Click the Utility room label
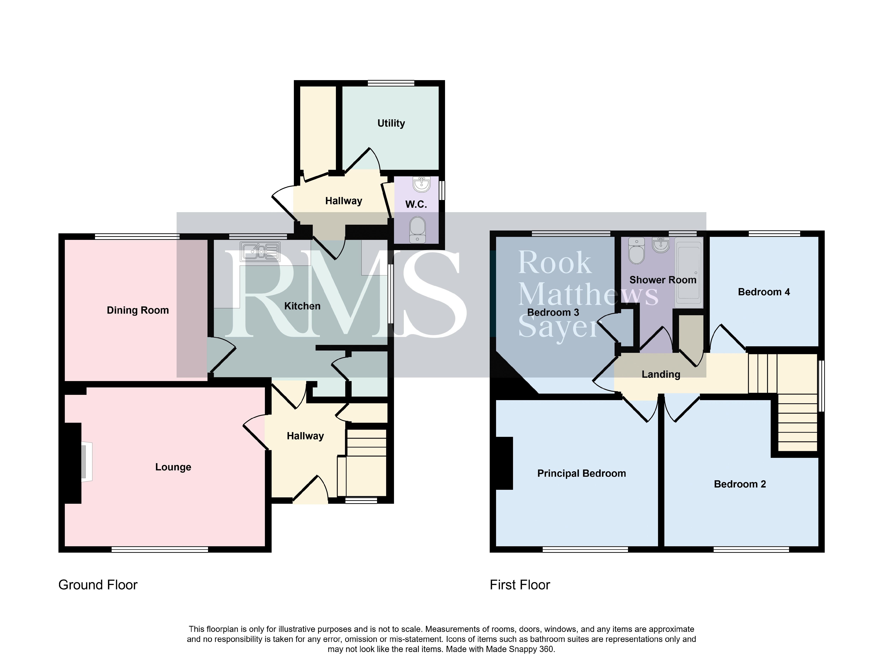pyautogui.click(x=391, y=123)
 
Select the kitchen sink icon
pyautogui.click(x=260, y=252)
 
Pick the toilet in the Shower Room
pyautogui.click(x=636, y=250)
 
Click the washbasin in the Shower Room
pyautogui.click(x=661, y=245)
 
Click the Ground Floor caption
pyautogui.click(x=98, y=585)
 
